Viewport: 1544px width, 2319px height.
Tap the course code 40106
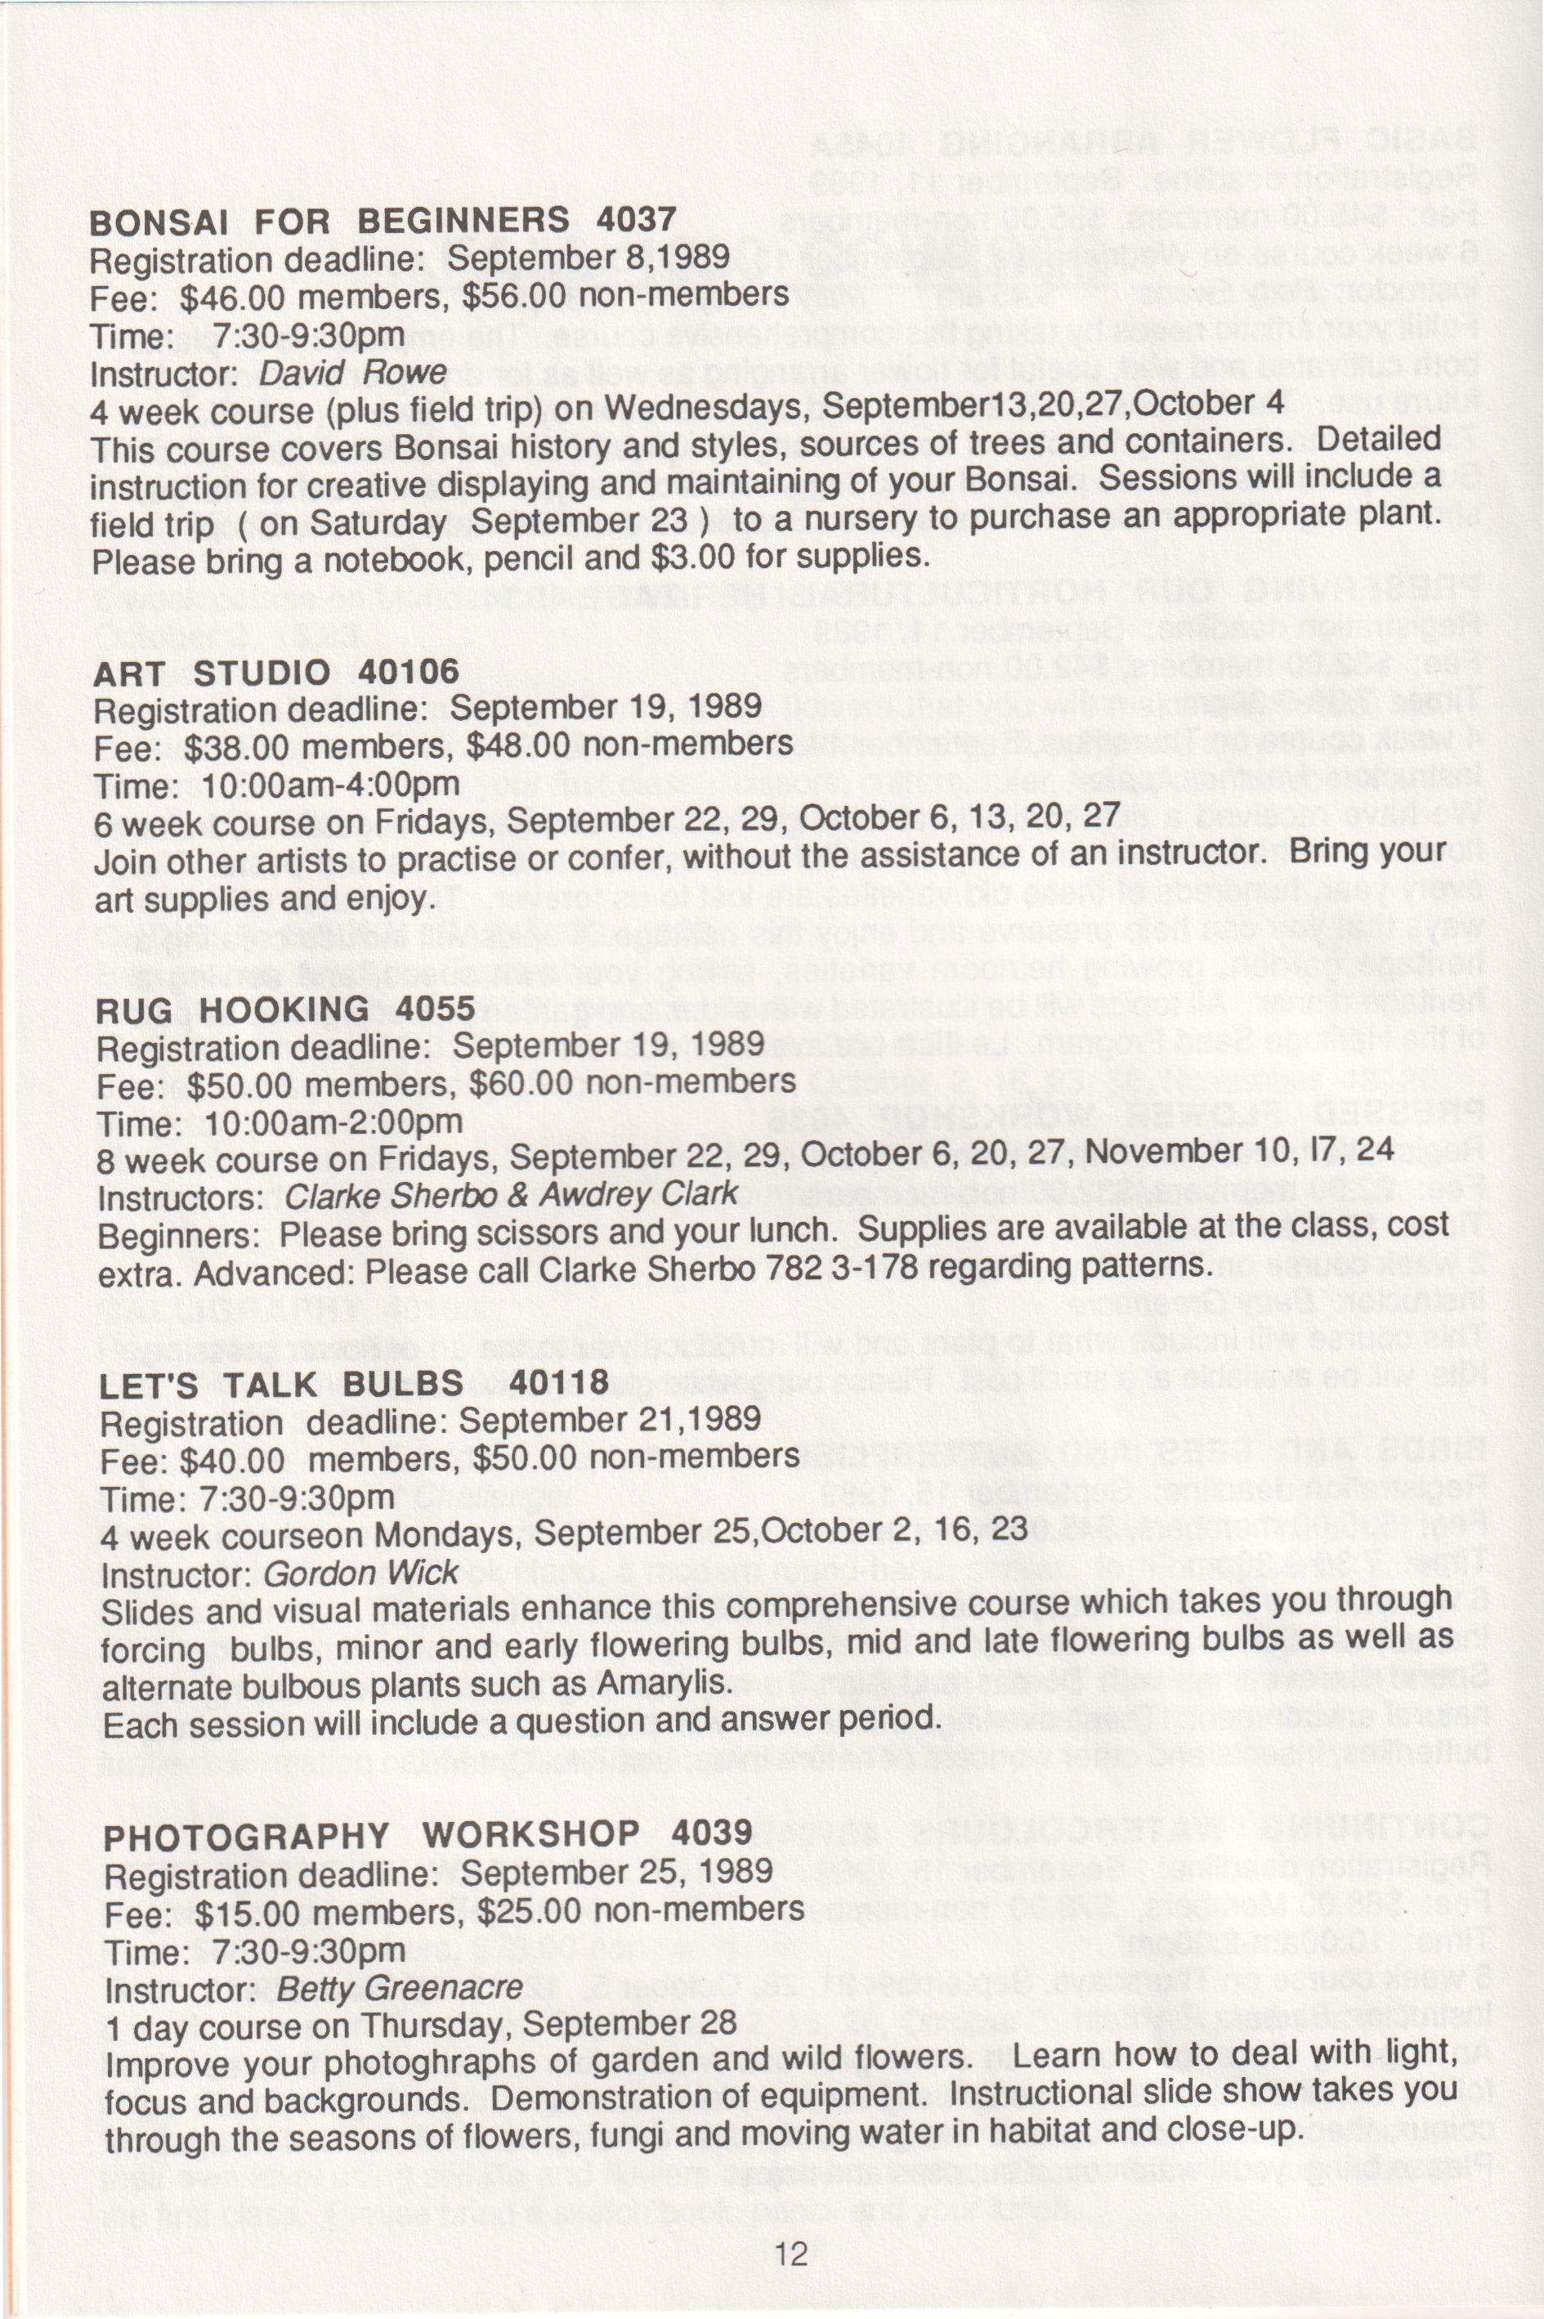coord(409,672)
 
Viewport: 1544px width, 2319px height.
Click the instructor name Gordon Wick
coord(360,1573)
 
